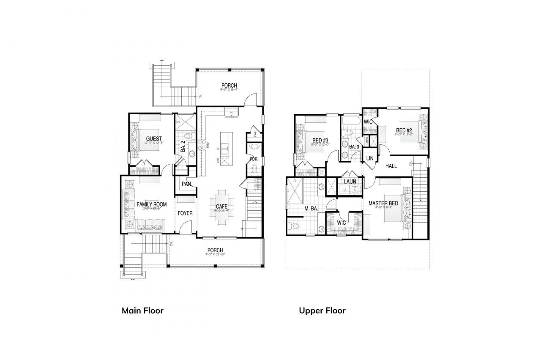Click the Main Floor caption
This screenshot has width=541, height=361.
142,311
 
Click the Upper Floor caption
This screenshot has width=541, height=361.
322,311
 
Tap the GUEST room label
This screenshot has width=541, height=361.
154,139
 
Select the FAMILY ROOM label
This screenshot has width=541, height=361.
151,204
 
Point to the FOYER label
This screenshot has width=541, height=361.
185,213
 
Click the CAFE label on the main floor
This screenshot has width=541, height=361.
221,207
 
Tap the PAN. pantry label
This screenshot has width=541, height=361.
186,184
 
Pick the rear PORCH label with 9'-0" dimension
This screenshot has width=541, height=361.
229,85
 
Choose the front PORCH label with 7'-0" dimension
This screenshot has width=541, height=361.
215,250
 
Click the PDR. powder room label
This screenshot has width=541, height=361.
254,160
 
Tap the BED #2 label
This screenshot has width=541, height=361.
404,130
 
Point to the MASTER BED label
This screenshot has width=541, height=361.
383,204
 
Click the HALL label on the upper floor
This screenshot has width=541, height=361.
391,166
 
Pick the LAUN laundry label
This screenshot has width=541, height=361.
350,182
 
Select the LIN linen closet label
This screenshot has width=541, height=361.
370,158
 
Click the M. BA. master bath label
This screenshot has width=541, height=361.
311,208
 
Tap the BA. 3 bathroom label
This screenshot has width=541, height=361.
354,147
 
